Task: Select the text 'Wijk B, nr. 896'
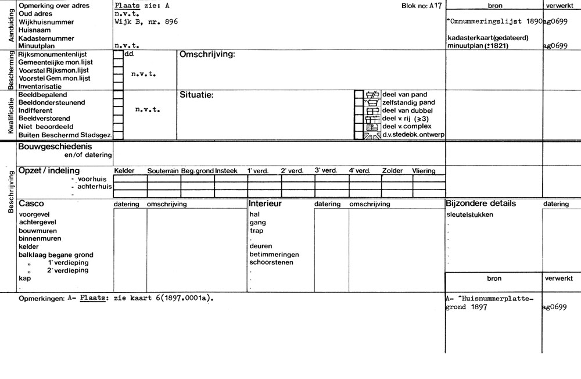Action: [x=146, y=22]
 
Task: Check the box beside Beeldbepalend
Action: [x=118, y=94]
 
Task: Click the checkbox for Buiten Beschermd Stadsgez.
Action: [x=118, y=135]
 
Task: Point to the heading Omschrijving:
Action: [x=207, y=54]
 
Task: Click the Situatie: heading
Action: [x=197, y=95]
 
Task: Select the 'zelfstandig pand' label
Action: [x=408, y=102]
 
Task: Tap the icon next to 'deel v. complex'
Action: [x=372, y=127]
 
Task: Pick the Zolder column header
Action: [x=392, y=171]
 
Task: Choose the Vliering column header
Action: [x=424, y=171]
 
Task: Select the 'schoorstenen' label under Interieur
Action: [x=271, y=262]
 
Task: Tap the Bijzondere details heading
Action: [x=480, y=204]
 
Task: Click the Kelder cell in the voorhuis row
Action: [x=130, y=179]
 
